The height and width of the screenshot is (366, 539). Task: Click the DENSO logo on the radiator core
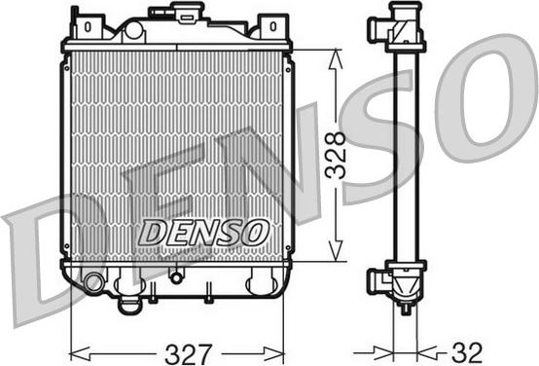coord(203,232)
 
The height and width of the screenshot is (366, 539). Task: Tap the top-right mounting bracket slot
coord(272,26)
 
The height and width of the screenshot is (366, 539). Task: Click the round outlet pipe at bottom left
coord(92,284)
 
